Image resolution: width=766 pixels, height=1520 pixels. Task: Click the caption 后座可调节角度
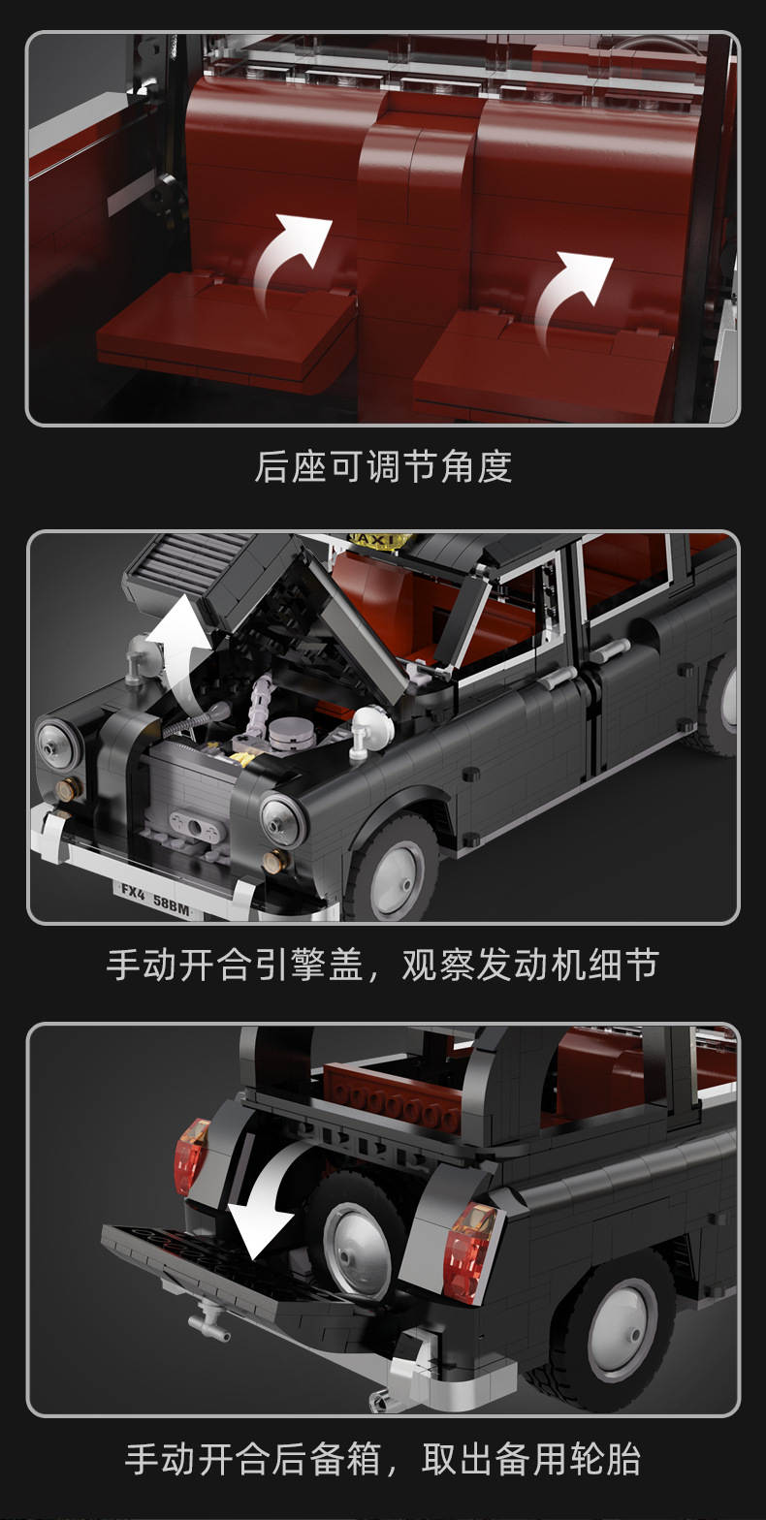[383, 467]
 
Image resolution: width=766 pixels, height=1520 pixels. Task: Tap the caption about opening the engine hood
[383, 965]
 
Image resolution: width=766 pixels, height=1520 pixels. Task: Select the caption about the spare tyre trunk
[383, 1458]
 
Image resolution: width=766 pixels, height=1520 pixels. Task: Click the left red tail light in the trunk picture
[191, 1156]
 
